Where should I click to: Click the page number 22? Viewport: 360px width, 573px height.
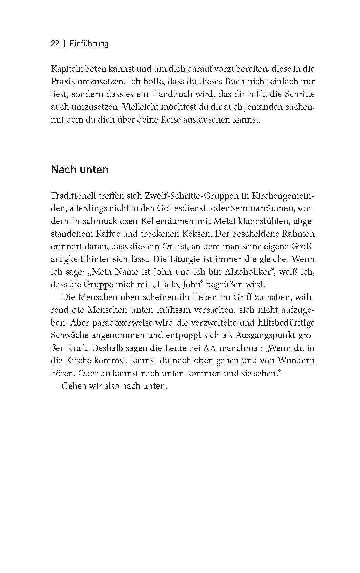[55, 44]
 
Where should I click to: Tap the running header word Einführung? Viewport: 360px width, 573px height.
[89, 44]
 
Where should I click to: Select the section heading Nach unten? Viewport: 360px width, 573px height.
[80, 169]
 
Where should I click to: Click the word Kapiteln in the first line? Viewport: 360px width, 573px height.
[65, 69]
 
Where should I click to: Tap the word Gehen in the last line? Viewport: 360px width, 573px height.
[72, 386]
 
